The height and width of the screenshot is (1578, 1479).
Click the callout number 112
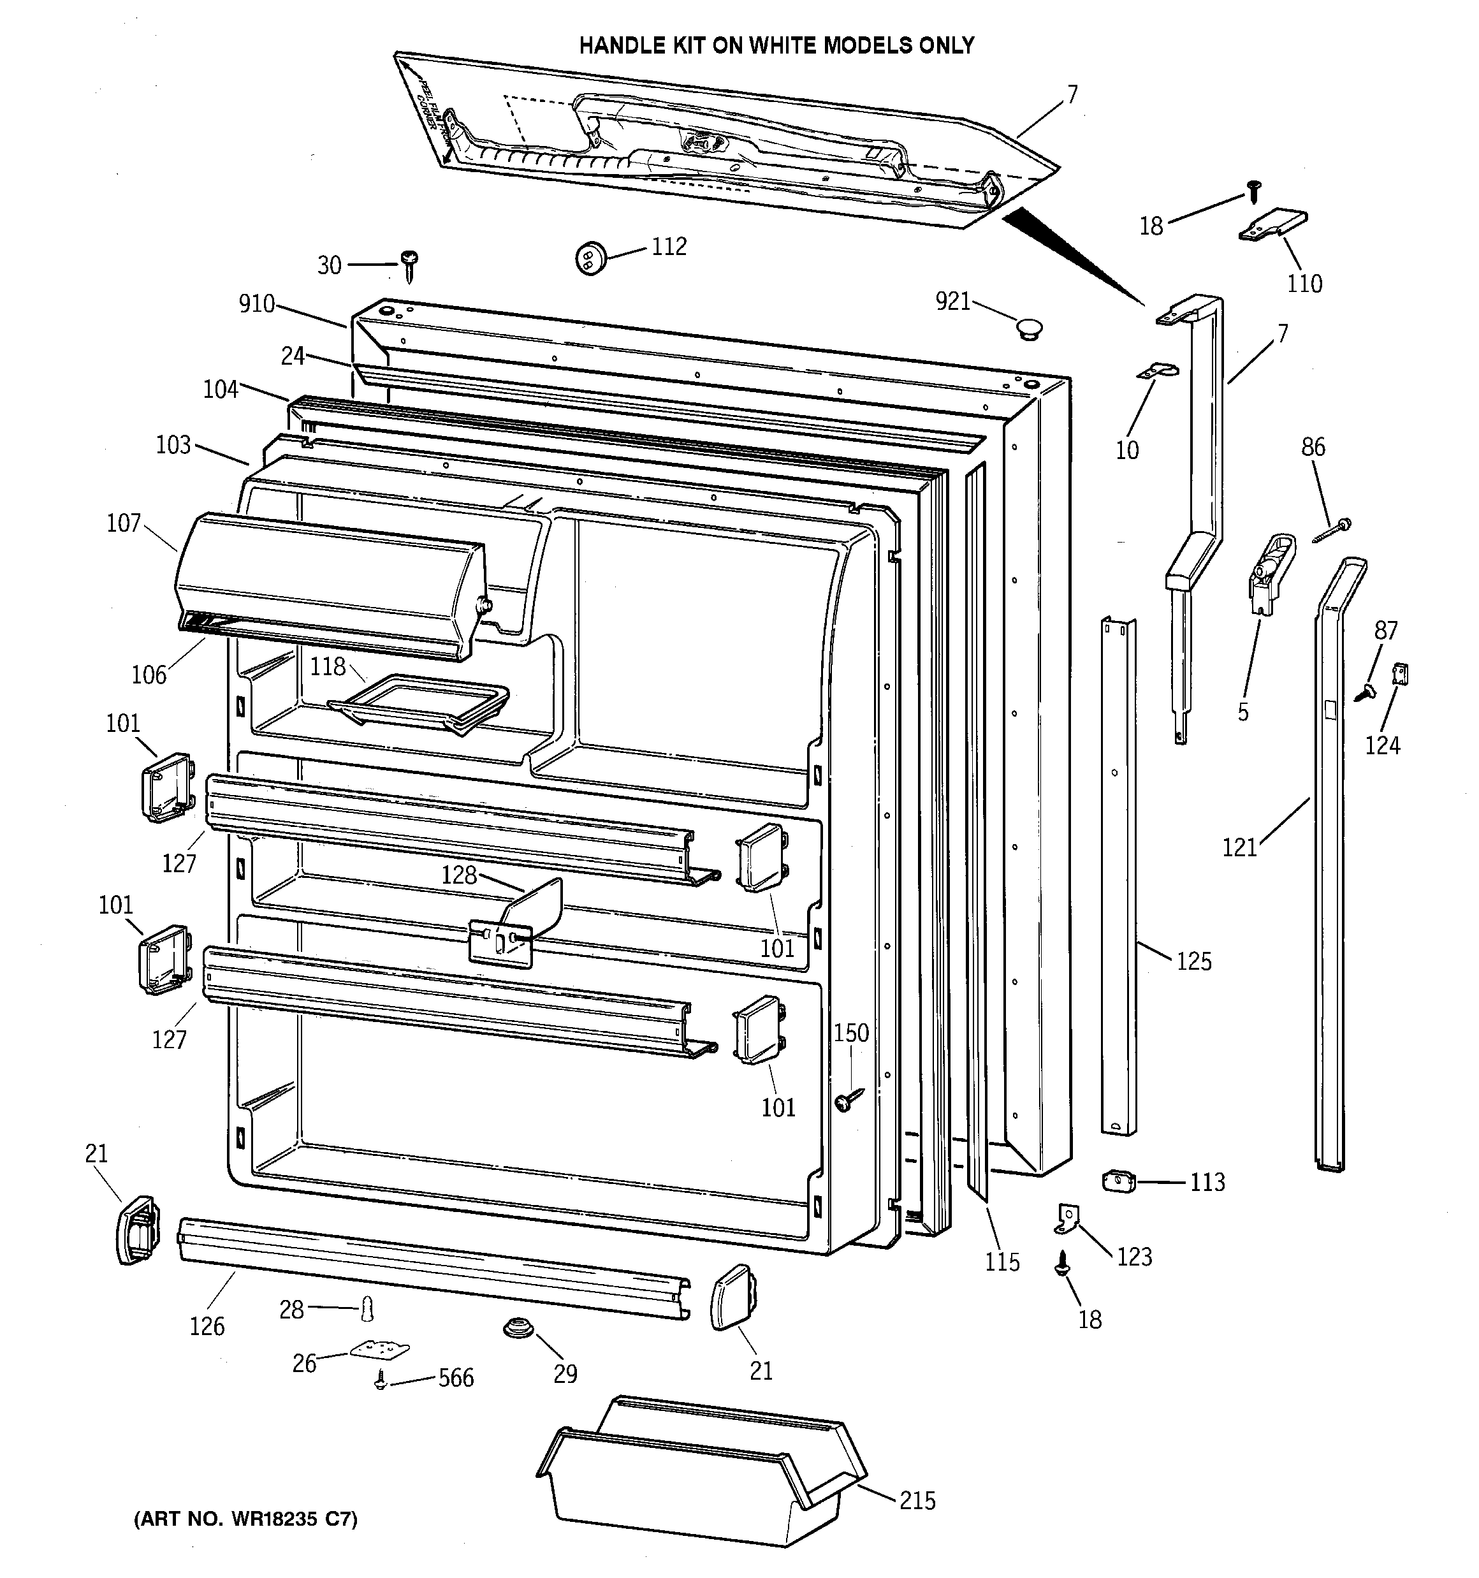coord(669,247)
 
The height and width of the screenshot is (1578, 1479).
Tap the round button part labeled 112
coord(589,258)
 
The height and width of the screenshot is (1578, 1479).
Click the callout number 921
coord(952,301)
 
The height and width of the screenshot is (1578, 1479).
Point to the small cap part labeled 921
coord(1029,326)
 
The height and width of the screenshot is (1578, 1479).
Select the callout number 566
coord(456,1377)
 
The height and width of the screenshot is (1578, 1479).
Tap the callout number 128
coord(459,875)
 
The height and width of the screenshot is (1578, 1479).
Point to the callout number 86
coord(1312,447)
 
